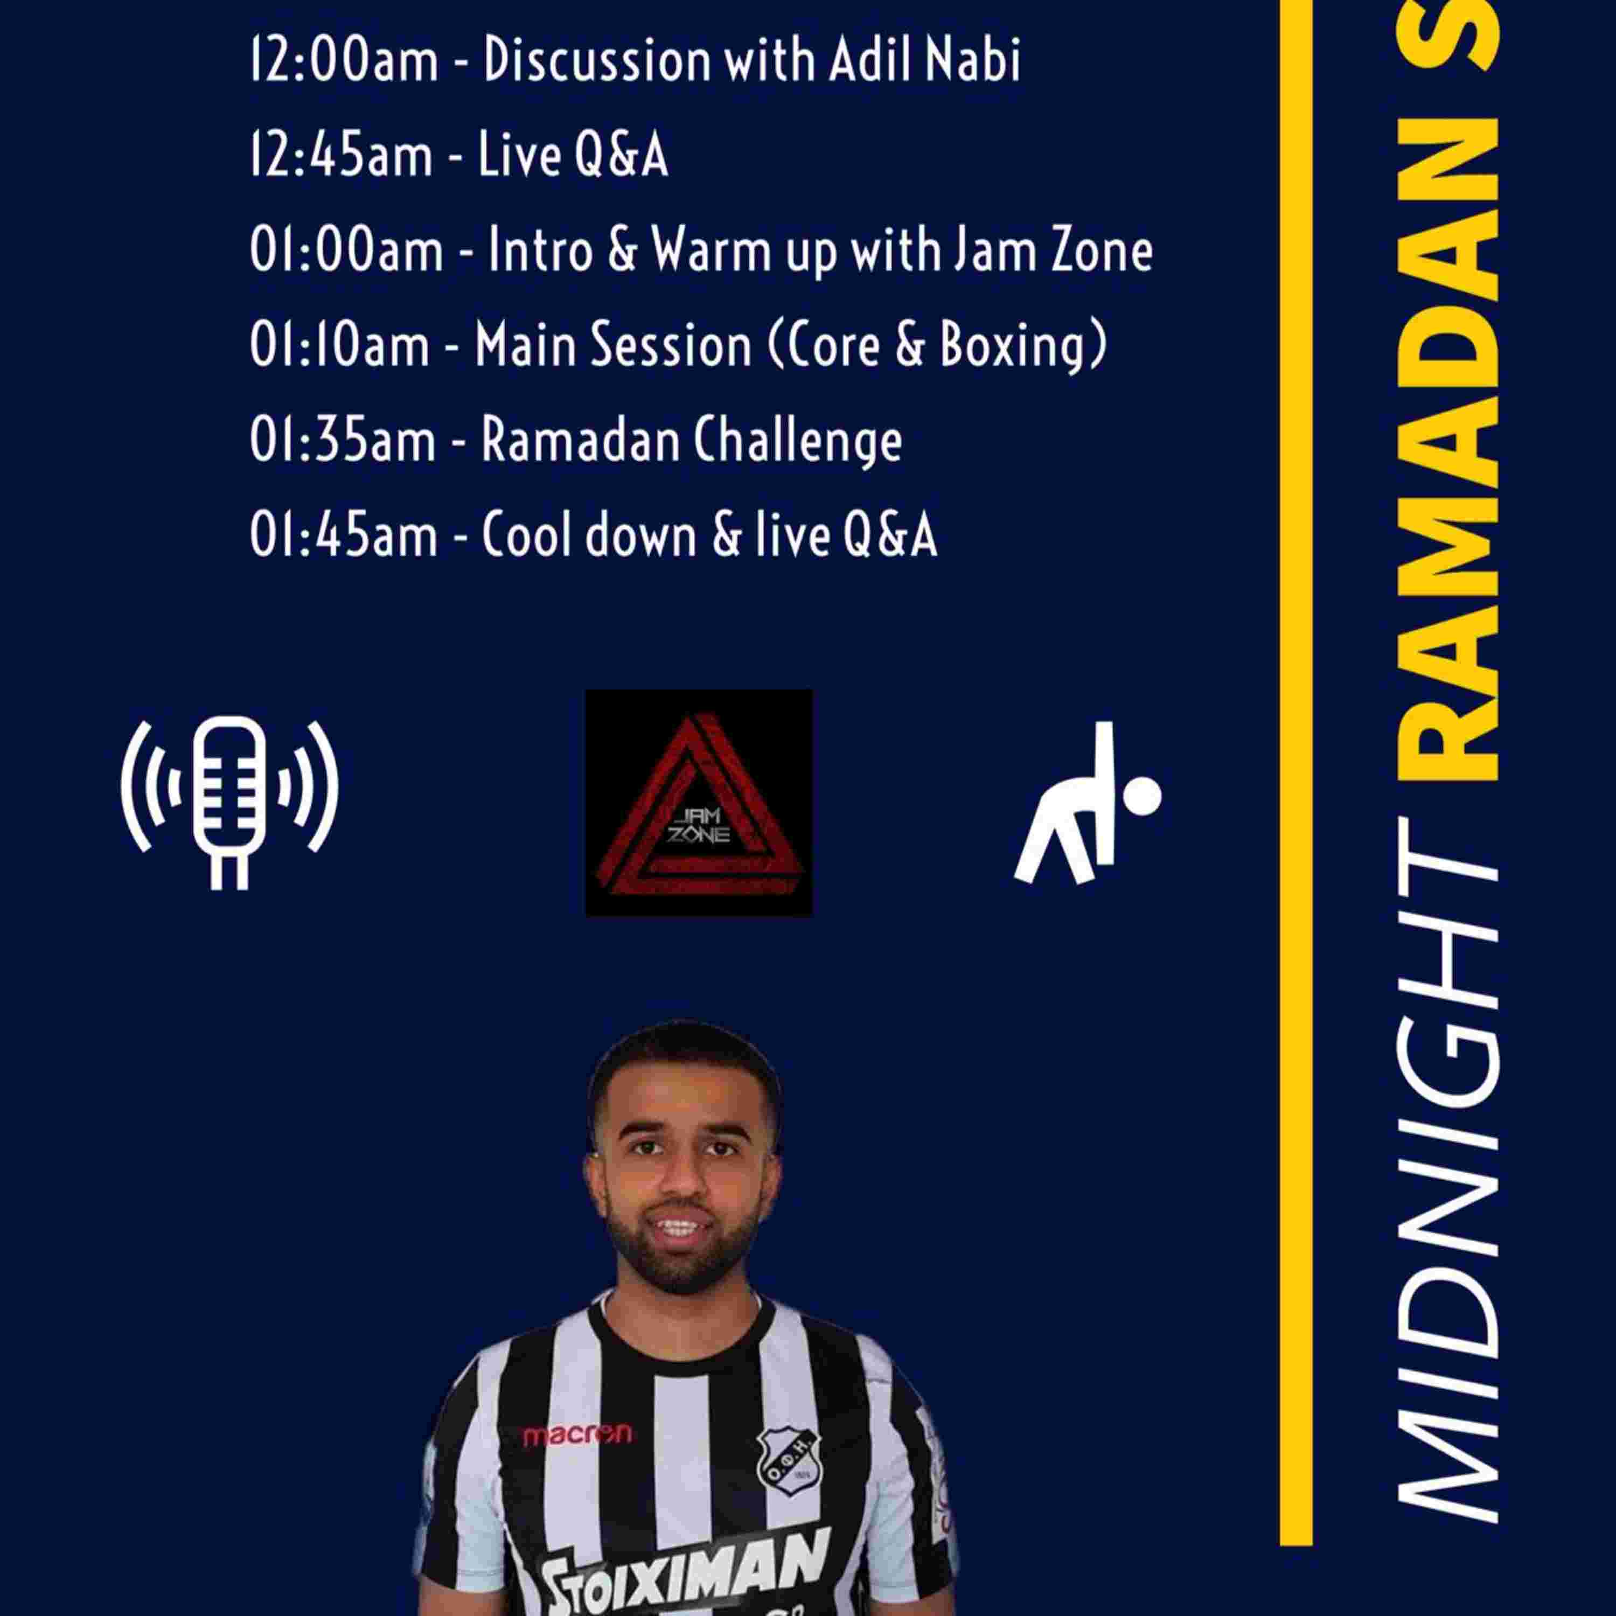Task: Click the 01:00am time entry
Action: tap(346, 250)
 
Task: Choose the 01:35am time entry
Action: tap(343, 440)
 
